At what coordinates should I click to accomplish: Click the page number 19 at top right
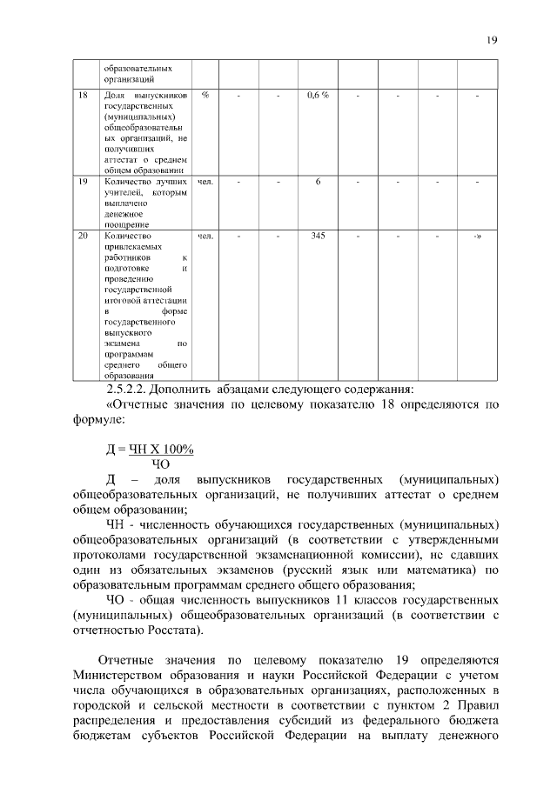[492, 40]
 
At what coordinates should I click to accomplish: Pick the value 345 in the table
[318, 236]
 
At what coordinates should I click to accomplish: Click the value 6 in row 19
[319, 182]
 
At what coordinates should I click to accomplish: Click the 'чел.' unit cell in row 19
[205, 182]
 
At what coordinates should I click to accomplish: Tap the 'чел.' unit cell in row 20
[205, 236]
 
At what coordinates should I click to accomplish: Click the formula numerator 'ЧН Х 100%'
[161, 449]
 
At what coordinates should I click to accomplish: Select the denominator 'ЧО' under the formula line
[160, 464]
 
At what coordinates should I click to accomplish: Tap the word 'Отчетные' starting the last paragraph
[128, 659]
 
